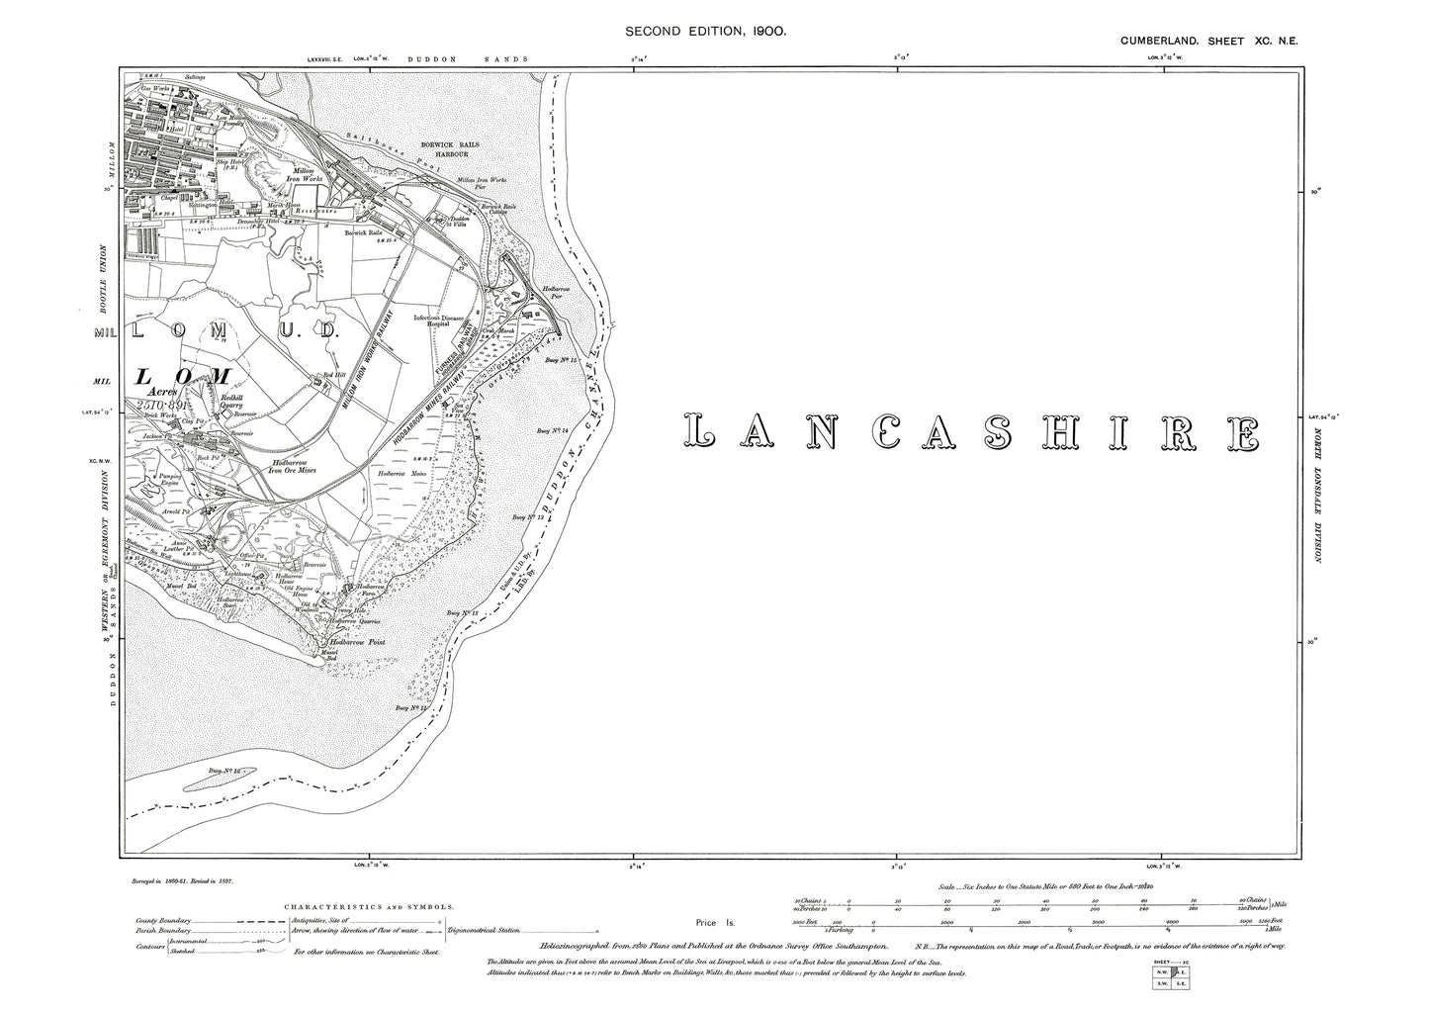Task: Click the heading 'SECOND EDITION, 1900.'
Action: (x=705, y=32)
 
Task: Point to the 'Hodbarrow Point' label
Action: (x=356, y=643)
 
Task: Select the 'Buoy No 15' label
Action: (x=561, y=361)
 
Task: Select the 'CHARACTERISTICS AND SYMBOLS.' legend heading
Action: (x=369, y=905)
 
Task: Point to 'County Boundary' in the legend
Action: (x=164, y=920)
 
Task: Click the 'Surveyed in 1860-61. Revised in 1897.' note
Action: (x=188, y=878)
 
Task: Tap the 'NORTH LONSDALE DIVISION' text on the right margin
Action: (x=1317, y=492)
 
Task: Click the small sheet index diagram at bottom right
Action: (x=1173, y=975)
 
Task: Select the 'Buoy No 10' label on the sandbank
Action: (x=225, y=770)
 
